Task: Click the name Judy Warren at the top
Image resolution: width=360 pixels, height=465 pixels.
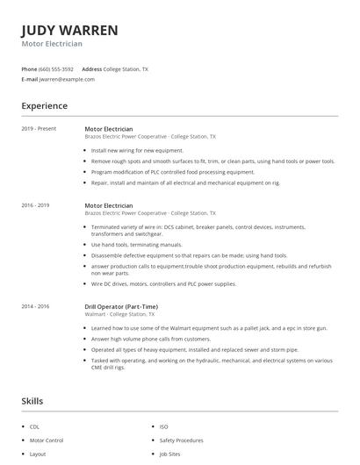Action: click(x=69, y=30)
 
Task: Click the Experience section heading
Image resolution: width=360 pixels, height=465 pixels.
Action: click(x=44, y=106)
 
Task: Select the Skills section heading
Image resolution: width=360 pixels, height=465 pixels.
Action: click(x=32, y=401)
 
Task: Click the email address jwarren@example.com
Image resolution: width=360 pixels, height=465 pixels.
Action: click(x=67, y=79)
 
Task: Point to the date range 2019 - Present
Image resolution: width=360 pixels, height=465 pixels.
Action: click(x=39, y=129)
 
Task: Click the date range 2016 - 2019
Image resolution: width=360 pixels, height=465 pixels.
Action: click(x=36, y=205)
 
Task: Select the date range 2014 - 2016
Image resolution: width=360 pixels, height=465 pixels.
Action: click(x=36, y=306)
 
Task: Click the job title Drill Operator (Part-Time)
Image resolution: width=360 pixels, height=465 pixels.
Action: click(x=123, y=306)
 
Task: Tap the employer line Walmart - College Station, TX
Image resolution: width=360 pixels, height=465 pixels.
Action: click(x=119, y=314)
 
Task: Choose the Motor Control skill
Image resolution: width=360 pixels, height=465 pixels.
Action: click(x=47, y=440)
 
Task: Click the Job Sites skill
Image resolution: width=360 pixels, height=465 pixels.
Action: click(x=169, y=454)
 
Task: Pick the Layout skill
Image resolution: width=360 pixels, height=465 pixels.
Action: click(x=38, y=454)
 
